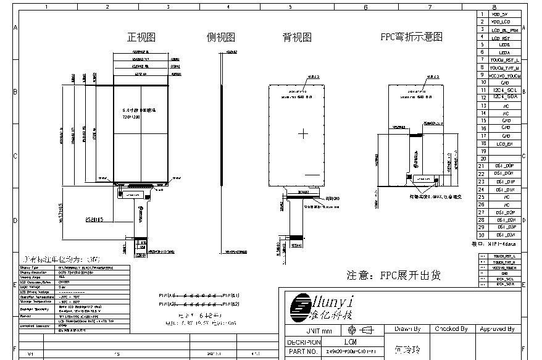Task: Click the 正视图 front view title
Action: tap(140, 37)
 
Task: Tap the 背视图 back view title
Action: tap(297, 37)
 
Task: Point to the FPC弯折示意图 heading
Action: tap(411, 37)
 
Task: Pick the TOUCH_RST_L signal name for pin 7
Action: tap(504, 60)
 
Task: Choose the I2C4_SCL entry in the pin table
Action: tap(504, 90)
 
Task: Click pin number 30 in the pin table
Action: tap(482, 235)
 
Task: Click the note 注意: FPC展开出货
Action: tap(393, 275)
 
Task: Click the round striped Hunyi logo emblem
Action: tap(302, 304)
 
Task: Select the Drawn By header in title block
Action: tap(407, 330)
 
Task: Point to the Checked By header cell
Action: tap(451, 330)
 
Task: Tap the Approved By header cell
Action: tap(497, 330)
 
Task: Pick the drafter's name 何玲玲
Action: tap(407, 350)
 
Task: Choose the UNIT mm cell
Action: tap(302, 331)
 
